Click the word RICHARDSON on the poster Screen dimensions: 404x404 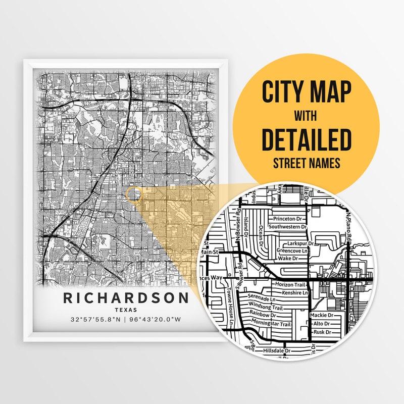click(126, 297)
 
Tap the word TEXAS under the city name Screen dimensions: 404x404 click(126, 310)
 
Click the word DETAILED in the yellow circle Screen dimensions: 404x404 click(307, 140)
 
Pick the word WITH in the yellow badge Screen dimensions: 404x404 click(307, 116)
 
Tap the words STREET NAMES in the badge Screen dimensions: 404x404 click(307, 163)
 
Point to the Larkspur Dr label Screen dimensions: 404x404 click(300, 243)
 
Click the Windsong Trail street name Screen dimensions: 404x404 click(270, 305)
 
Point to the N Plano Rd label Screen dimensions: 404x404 click(348, 218)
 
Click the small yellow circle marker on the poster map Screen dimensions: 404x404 click(134, 194)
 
